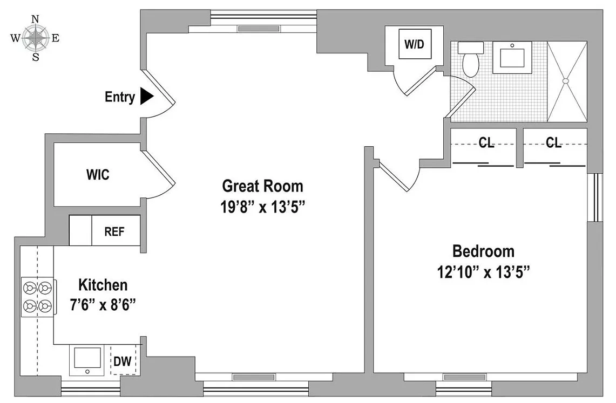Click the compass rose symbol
coord(35,38)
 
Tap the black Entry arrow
coord(146,97)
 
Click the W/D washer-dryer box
coord(415,44)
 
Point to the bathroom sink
coord(512,57)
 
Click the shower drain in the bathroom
coord(566,81)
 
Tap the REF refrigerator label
coord(114,231)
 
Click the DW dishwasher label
coord(123,360)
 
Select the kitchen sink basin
coord(87,360)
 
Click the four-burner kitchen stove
coord(38,297)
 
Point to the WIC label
coord(98,175)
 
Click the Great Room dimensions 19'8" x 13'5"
coord(263,207)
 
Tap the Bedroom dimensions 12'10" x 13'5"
coord(484,271)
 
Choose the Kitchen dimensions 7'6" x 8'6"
coord(103,304)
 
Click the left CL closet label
coord(486,142)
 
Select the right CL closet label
coord(553,142)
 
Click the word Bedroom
coord(484,251)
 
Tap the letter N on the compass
coord(35,19)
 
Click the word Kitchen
coord(103,285)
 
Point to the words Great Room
coord(263,186)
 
